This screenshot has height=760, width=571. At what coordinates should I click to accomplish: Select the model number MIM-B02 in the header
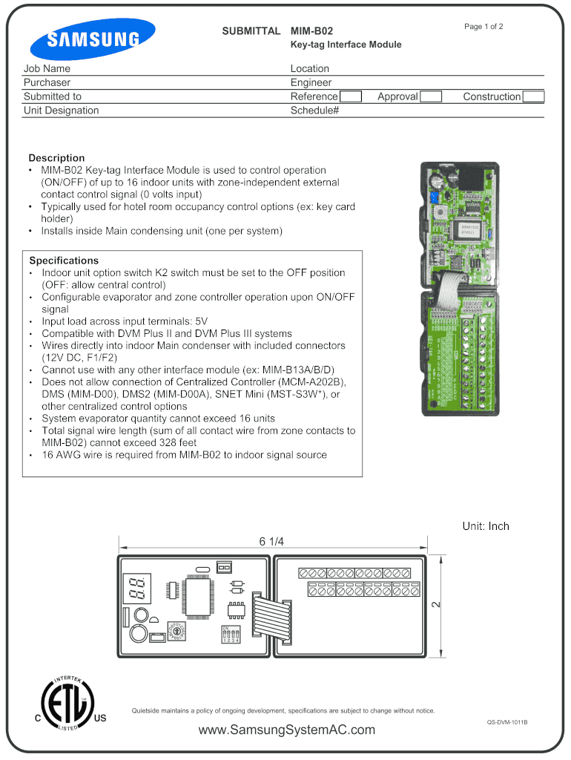point(311,31)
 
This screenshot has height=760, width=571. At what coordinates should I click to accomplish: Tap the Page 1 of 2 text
point(483,27)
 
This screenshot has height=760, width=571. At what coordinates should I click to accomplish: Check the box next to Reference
point(350,96)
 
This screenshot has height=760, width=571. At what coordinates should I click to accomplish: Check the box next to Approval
point(431,96)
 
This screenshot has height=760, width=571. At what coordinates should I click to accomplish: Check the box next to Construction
point(533,96)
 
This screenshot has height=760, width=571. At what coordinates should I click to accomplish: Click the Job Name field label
point(47,69)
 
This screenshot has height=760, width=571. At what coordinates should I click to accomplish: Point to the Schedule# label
point(314,111)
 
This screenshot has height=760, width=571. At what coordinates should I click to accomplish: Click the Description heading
point(56,158)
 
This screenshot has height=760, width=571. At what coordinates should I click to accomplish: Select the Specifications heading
point(64,261)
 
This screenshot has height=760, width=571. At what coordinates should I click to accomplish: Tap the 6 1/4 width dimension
point(271,541)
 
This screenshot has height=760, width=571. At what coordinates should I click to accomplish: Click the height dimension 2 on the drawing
point(437,605)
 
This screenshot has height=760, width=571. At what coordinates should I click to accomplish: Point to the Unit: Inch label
point(486,526)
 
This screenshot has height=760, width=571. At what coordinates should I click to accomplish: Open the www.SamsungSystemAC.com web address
point(287,730)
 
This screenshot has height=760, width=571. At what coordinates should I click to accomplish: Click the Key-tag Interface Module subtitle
point(346,45)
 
